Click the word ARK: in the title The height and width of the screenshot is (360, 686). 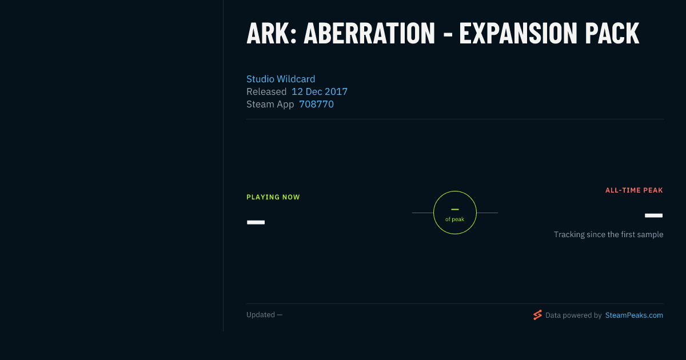pyautogui.click(x=272, y=33)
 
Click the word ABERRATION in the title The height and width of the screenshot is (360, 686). pyautogui.click(x=369, y=33)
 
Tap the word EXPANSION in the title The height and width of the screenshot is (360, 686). pyautogui.click(x=518, y=33)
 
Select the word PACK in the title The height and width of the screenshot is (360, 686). pyautogui.click(x=612, y=33)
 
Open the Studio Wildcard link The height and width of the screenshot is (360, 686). pyautogui.click(x=281, y=79)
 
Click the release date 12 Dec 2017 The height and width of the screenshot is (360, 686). pyautogui.click(x=320, y=91)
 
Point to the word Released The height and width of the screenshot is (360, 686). pyautogui.click(x=266, y=91)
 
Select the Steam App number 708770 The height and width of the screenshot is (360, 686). pyautogui.click(x=316, y=105)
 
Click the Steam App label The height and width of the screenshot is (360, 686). pyautogui.click(x=270, y=105)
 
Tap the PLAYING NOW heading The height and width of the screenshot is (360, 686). pyautogui.click(x=273, y=197)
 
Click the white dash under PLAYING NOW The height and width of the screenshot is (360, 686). pyautogui.click(x=256, y=222)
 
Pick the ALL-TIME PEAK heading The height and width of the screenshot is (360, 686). pyautogui.click(x=634, y=190)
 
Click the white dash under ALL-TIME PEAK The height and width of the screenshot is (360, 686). pyautogui.click(x=653, y=215)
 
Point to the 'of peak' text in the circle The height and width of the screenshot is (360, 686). pyautogui.click(x=455, y=219)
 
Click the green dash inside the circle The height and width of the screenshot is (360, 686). pyautogui.click(x=455, y=209)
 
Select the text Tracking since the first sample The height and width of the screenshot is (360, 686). pyautogui.click(x=608, y=234)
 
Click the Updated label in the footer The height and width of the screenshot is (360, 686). pyautogui.click(x=261, y=315)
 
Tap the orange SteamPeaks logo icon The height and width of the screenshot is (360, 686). pyautogui.click(x=537, y=315)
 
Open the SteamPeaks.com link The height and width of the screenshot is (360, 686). pyautogui.click(x=634, y=315)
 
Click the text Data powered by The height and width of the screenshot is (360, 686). pyautogui.click(x=573, y=315)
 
